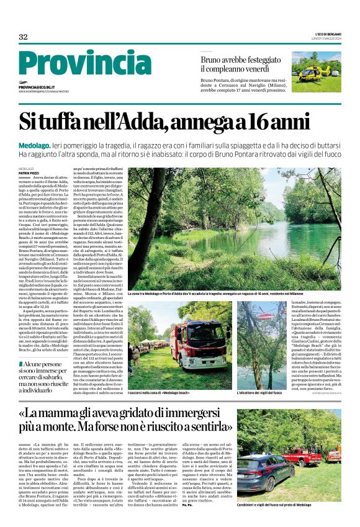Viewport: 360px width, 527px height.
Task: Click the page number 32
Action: click(24, 37)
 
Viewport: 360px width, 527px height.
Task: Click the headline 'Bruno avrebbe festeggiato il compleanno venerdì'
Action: click(243, 65)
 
